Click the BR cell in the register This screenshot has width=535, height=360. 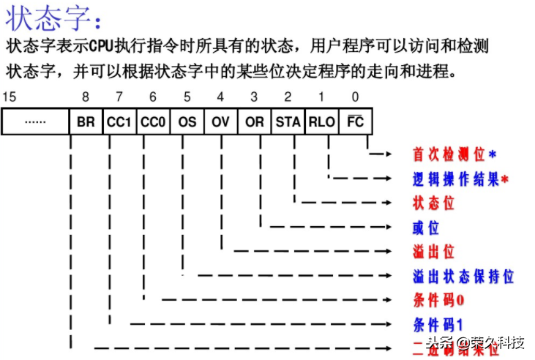coord(86,121)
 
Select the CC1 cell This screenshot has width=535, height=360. coord(119,121)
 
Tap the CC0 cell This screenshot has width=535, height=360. coord(153,121)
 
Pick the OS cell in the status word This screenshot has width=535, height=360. coord(187,121)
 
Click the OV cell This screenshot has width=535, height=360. coord(220,121)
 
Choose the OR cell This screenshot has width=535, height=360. coord(254,121)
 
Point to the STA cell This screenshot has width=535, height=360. coord(288,121)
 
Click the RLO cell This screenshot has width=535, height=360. coord(321,121)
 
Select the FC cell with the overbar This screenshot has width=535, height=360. coord(355,121)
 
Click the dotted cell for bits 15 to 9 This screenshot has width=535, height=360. coord(35,121)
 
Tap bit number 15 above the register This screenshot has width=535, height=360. coord(8,97)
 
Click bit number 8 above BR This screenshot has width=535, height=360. coord(86,97)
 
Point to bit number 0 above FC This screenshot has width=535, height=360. coord(355,97)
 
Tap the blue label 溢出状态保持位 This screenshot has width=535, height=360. coord(463,276)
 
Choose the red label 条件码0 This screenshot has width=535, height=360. coord(438,300)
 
